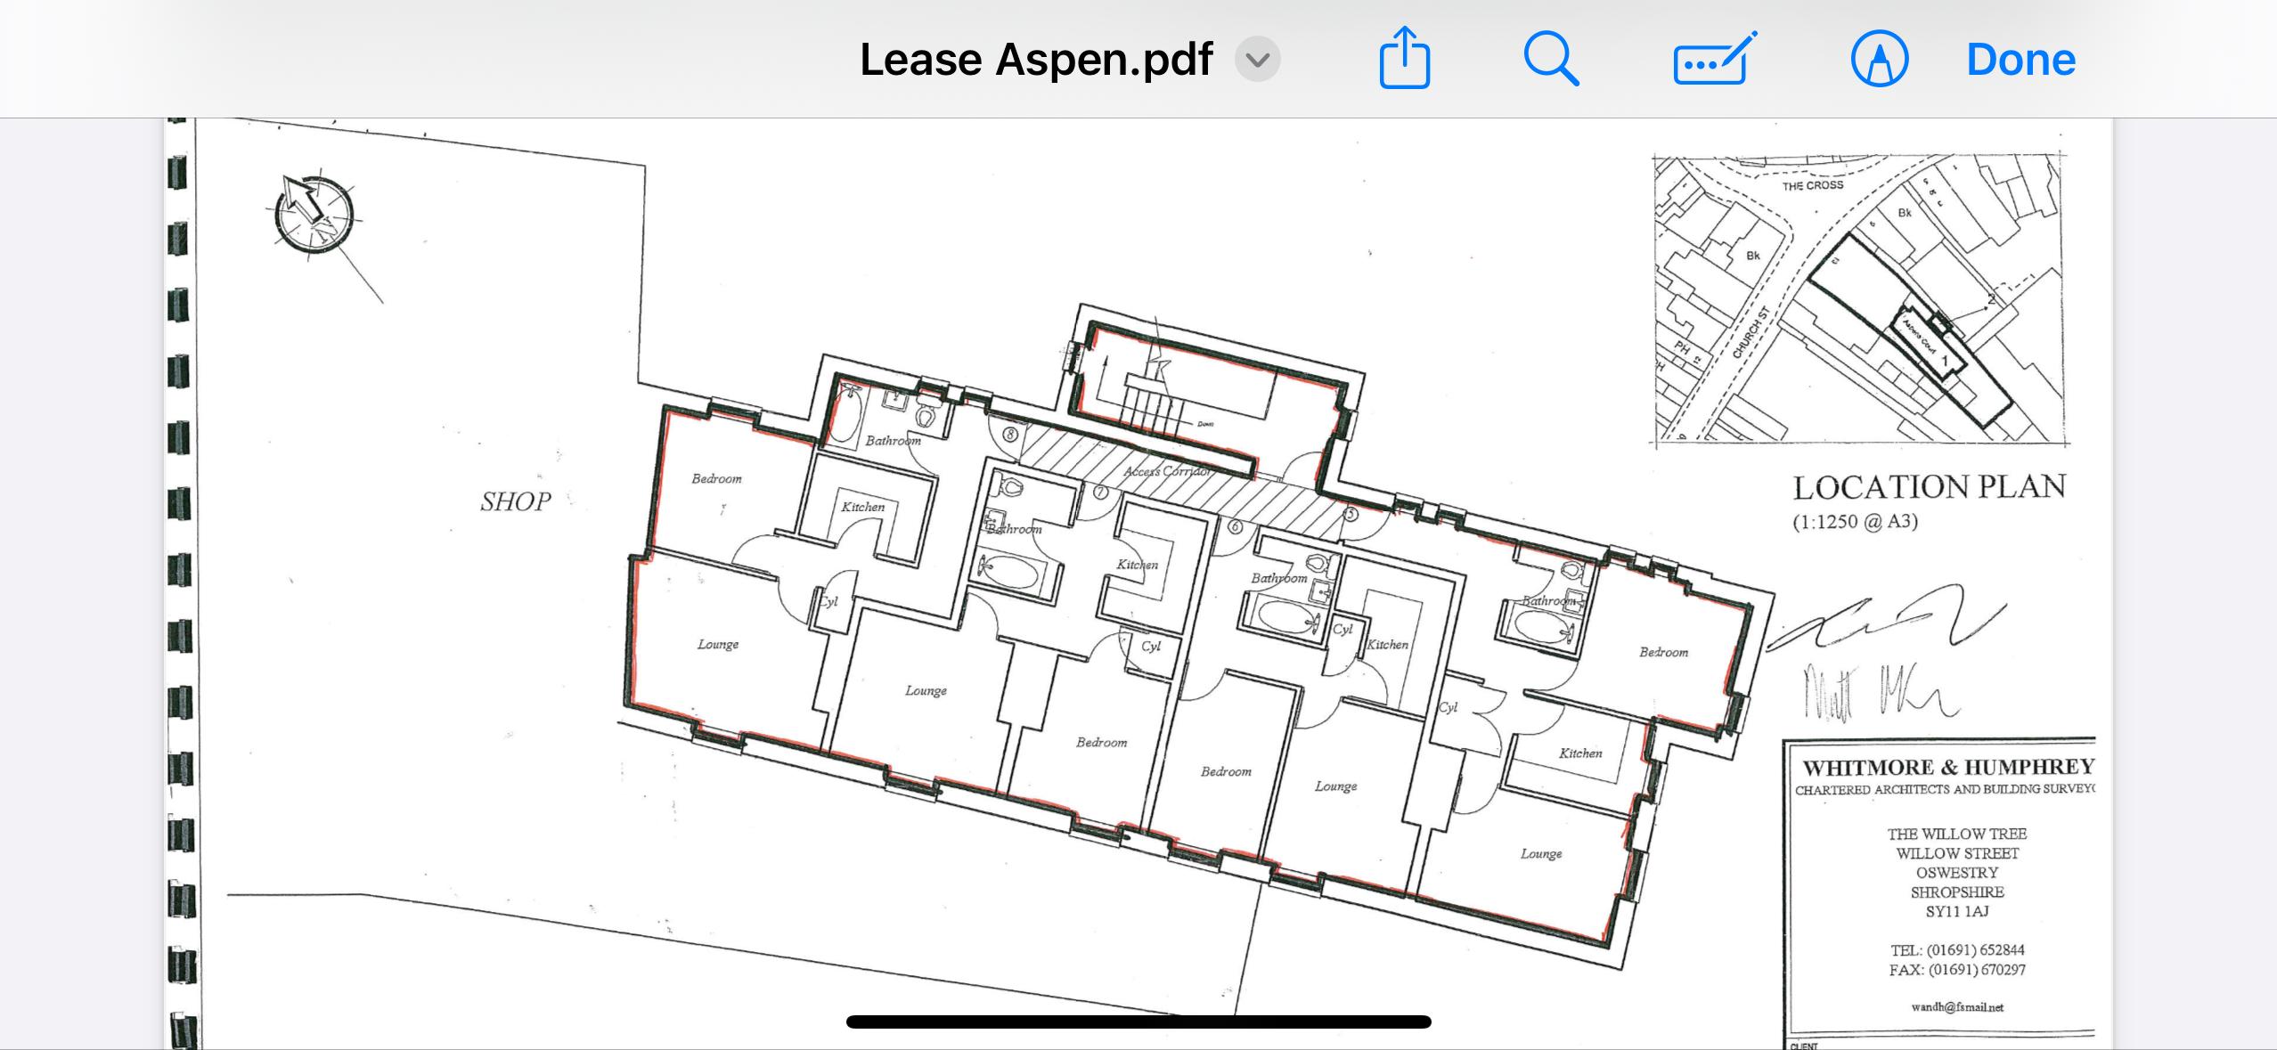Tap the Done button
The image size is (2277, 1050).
(2020, 60)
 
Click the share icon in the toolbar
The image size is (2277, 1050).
(1404, 59)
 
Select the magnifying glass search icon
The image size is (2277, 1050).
(1551, 59)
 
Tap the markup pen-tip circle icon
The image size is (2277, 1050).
(1879, 60)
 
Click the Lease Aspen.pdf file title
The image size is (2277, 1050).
(1035, 60)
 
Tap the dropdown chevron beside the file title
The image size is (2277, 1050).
(1257, 60)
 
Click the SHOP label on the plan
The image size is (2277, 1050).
(515, 502)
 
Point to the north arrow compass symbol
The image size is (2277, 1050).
(314, 214)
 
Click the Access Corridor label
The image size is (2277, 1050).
(1168, 471)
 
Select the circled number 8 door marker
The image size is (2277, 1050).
(1010, 435)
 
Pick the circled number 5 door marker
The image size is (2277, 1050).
(1351, 514)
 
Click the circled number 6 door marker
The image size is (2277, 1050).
(1235, 526)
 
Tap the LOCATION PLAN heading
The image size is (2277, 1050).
(1929, 487)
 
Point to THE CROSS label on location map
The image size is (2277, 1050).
(1812, 186)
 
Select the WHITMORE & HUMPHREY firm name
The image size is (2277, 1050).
(1947, 768)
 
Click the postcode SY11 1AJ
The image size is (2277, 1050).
(1956, 911)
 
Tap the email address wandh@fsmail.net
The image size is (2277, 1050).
(1956, 1007)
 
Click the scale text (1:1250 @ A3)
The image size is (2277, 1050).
(1855, 522)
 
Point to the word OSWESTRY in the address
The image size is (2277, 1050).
(1956, 873)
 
